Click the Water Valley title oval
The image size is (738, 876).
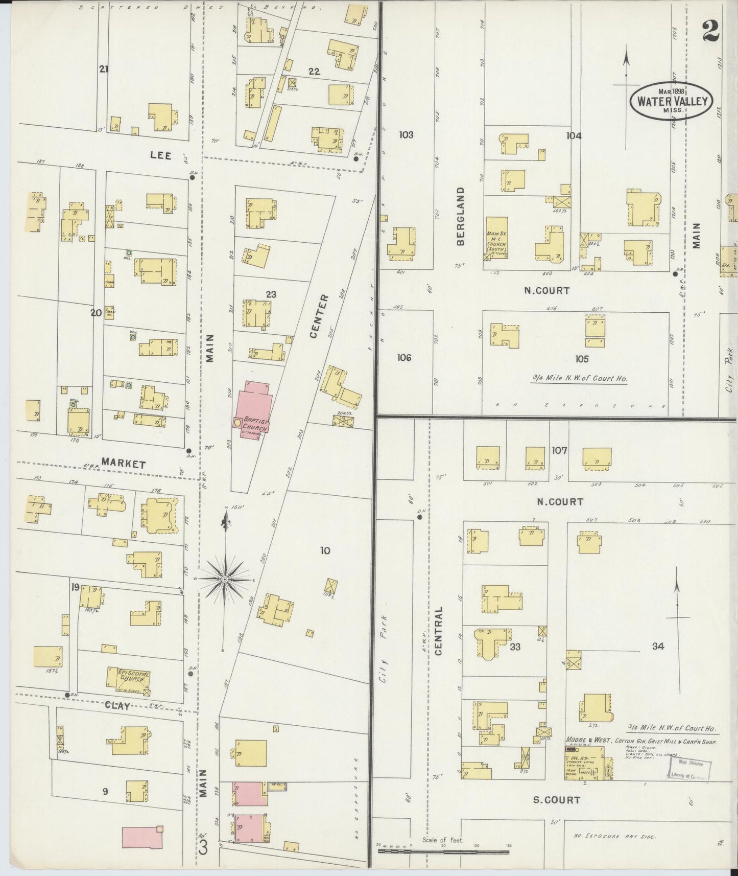[x=671, y=100]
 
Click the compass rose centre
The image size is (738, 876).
[x=224, y=579]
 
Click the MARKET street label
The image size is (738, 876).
[x=123, y=463]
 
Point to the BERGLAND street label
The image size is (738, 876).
[x=461, y=216]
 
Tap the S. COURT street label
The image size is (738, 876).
[x=556, y=799]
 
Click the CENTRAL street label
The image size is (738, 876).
[x=439, y=631]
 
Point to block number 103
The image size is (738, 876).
[x=406, y=135]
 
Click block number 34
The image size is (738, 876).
[x=657, y=646]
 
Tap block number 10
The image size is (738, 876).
[x=325, y=550]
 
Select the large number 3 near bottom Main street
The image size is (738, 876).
[x=203, y=848]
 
